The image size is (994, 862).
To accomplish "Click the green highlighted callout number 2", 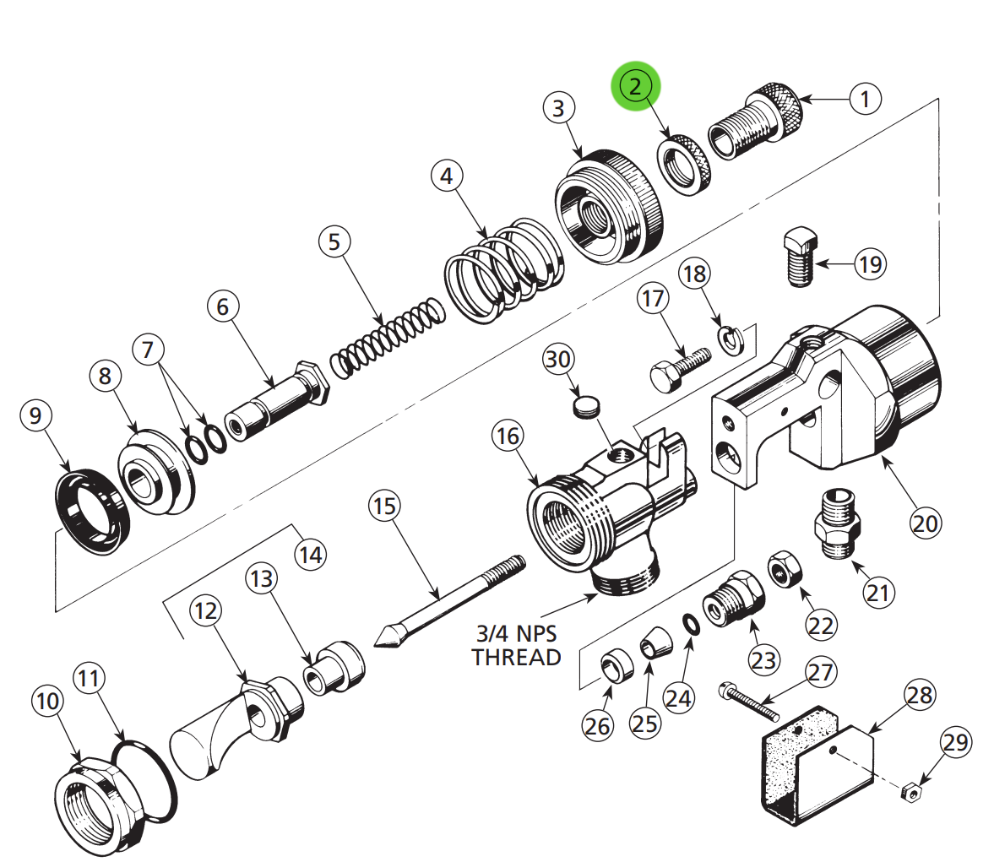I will point(636,86).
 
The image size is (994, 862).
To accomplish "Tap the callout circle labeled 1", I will point(864,99).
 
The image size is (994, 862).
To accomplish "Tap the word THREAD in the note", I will point(516,657).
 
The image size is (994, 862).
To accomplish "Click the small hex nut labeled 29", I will point(910,792).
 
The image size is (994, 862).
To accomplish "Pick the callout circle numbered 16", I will point(508,436).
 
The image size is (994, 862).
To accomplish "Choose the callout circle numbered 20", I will point(925,523).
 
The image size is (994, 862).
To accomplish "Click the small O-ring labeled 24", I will point(691,624).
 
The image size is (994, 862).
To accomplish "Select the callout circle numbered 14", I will point(310,555).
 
